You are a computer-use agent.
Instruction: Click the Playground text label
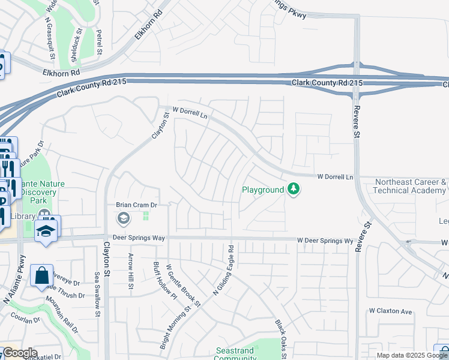pyautogui.click(x=262, y=190)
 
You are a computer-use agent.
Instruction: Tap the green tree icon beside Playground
pyautogui.click(x=293, y=190)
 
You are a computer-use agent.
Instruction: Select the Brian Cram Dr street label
pyautogui.click(x=136, y=205)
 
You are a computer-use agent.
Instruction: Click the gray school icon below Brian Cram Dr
pyautogui.click(x=124, y=217)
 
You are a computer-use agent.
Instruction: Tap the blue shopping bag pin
pyautogui.click(x=41, y=276)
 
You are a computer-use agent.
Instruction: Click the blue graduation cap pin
pyautogui.click(x=46, y=230)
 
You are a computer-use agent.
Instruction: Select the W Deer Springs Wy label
pyautogui.click(x=325, y=241)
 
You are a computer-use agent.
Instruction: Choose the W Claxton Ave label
pyautogui.click(x=391, y=311)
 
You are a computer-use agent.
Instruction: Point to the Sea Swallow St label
pyautogui.click(x=97, y=290)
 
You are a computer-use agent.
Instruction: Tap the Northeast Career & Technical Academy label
pyautogui.click(x=411, y=186)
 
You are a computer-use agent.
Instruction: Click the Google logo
pyautogui.click(x=19, y=353)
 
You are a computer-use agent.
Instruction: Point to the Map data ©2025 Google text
pyautogui.click(x=404, y=355)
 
